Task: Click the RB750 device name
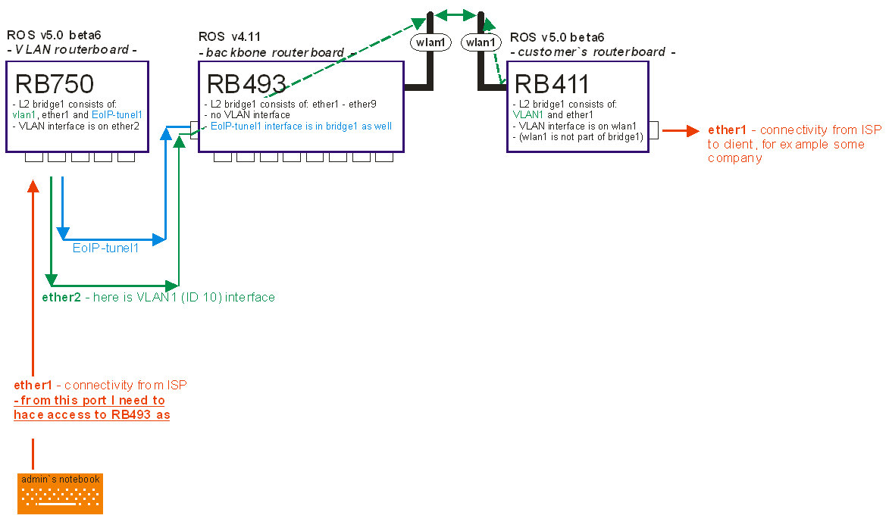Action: (54, 84)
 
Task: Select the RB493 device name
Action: (246, 84)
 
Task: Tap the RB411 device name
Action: (552, 84)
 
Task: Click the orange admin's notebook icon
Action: (60, 494)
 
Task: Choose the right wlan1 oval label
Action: (481, 42)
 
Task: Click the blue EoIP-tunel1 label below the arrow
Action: (105, 248)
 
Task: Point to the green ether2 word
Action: (61, 298)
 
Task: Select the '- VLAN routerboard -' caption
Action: (72, 50)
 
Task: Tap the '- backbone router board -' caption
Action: (271, 52)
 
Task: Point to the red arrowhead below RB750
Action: (33, 186)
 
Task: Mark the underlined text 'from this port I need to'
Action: (91, 400)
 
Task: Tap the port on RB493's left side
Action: (195, 123)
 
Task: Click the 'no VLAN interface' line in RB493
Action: (250, 115)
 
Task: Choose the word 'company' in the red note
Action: (734, 158)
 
